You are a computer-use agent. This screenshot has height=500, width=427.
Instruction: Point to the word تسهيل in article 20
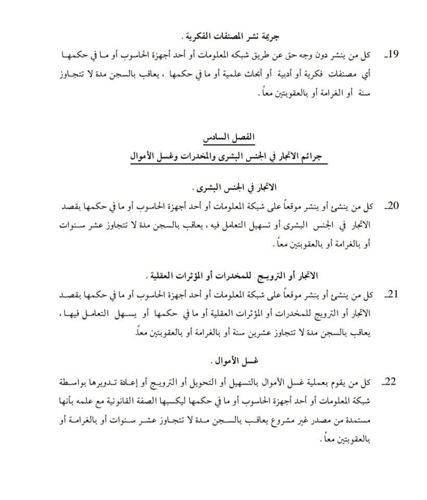click(x=259, y=226)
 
